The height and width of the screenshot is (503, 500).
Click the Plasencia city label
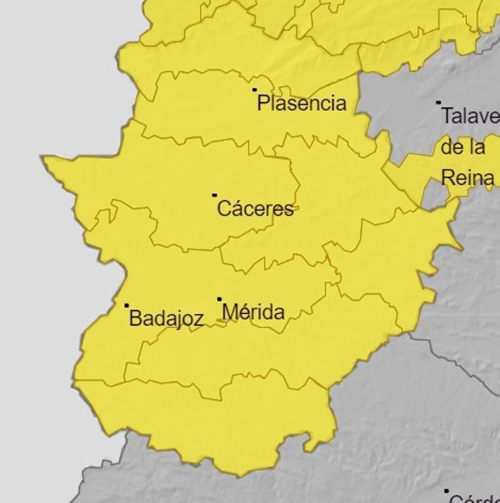pos(302,103)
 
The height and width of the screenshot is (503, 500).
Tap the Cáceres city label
pos(255,209)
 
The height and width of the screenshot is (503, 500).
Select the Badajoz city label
pos(166,319)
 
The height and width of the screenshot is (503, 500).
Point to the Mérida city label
pos(253,312)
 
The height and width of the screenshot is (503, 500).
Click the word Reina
pos(467,178)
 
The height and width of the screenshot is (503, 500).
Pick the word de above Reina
pos(450,147)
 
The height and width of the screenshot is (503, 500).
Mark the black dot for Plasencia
pos(254,90)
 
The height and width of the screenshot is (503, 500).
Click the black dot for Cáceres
pos(214,195)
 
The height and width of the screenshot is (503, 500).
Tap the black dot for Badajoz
pos(126,305)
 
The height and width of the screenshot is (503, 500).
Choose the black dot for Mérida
pos(219,299)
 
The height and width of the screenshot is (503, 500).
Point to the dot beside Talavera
pos(438,102)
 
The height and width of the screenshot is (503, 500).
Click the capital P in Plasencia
pos(262,103)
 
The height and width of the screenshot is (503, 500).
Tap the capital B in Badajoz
pos(135,318)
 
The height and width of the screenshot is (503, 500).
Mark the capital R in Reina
pos(447,178)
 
